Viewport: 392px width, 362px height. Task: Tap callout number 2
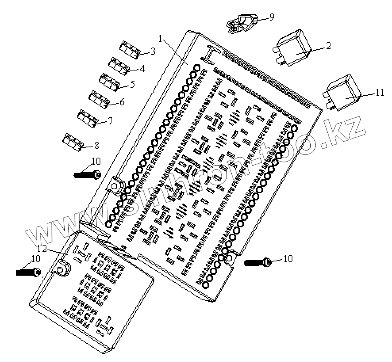point(328,45)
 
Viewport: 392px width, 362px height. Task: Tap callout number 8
point(96,145)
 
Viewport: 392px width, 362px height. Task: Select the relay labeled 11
point(342,92)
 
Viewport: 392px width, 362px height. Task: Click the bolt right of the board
point(257,262)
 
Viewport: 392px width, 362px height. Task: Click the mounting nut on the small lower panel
point(62,269)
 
